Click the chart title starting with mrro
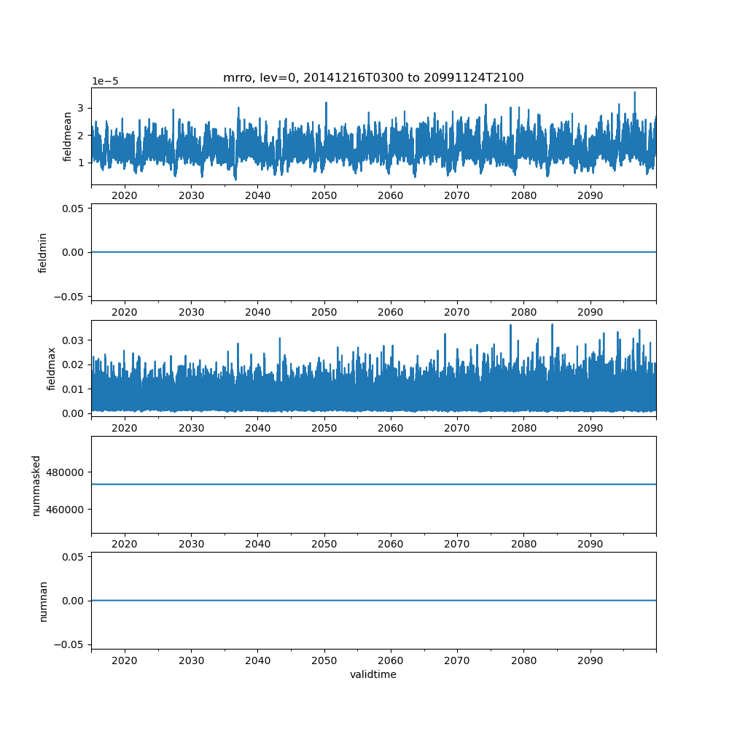pos(373,78)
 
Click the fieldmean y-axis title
pos(68,136)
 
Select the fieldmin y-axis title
pos(43,252)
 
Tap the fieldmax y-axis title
pos(51,368)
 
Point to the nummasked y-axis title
pos(36,485)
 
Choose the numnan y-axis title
pos(43,601)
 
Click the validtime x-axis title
pos(373,674)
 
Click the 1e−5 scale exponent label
pos(106,82)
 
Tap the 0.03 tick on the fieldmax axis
pos(74,340)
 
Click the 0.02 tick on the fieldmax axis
pos(74,364)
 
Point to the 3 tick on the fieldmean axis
pos(82,108)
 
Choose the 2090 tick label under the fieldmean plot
pos(590,196)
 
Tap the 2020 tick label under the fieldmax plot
pos(125,429)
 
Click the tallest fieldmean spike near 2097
pos(634,93)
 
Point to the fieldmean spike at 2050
pos(326,103)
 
